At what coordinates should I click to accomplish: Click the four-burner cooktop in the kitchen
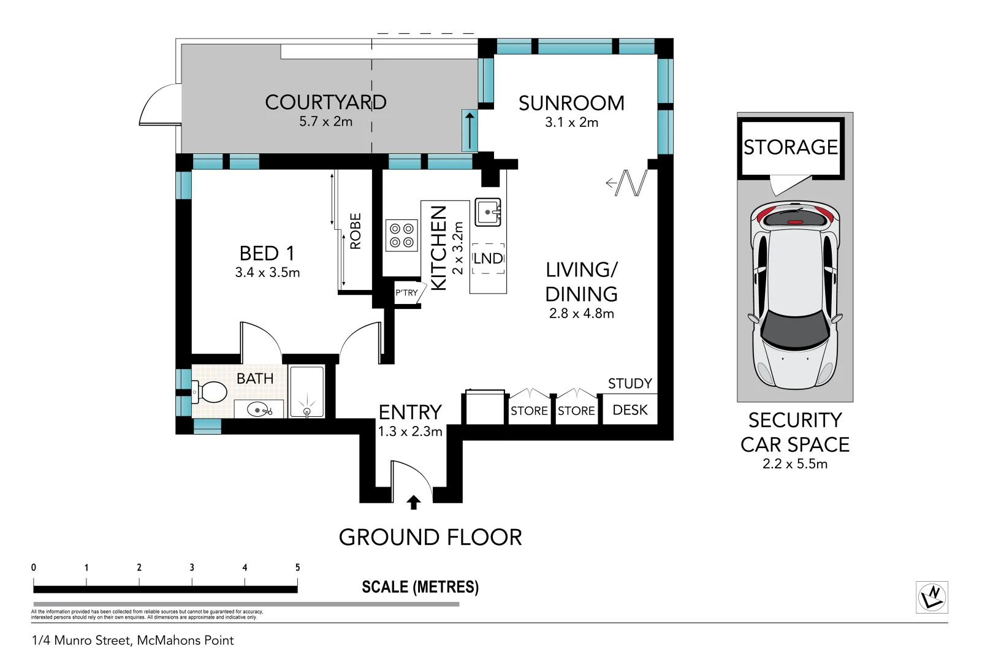401,235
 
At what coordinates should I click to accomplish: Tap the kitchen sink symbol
488,213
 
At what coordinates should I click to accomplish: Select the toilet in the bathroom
210,392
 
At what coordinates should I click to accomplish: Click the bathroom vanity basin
258,409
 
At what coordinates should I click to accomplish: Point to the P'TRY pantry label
406,293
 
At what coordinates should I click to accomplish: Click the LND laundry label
488,259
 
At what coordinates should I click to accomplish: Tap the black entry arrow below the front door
414,503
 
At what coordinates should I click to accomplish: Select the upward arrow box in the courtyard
470,131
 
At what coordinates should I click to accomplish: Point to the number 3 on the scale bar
192,568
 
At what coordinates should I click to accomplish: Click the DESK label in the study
630,410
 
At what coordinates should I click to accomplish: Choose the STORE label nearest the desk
576,411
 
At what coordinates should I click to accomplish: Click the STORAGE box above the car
791,147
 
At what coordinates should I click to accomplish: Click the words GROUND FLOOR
430,538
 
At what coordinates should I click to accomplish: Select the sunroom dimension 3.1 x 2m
571,122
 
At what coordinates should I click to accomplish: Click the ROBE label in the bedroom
356,231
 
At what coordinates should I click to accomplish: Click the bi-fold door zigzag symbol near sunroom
631,183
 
